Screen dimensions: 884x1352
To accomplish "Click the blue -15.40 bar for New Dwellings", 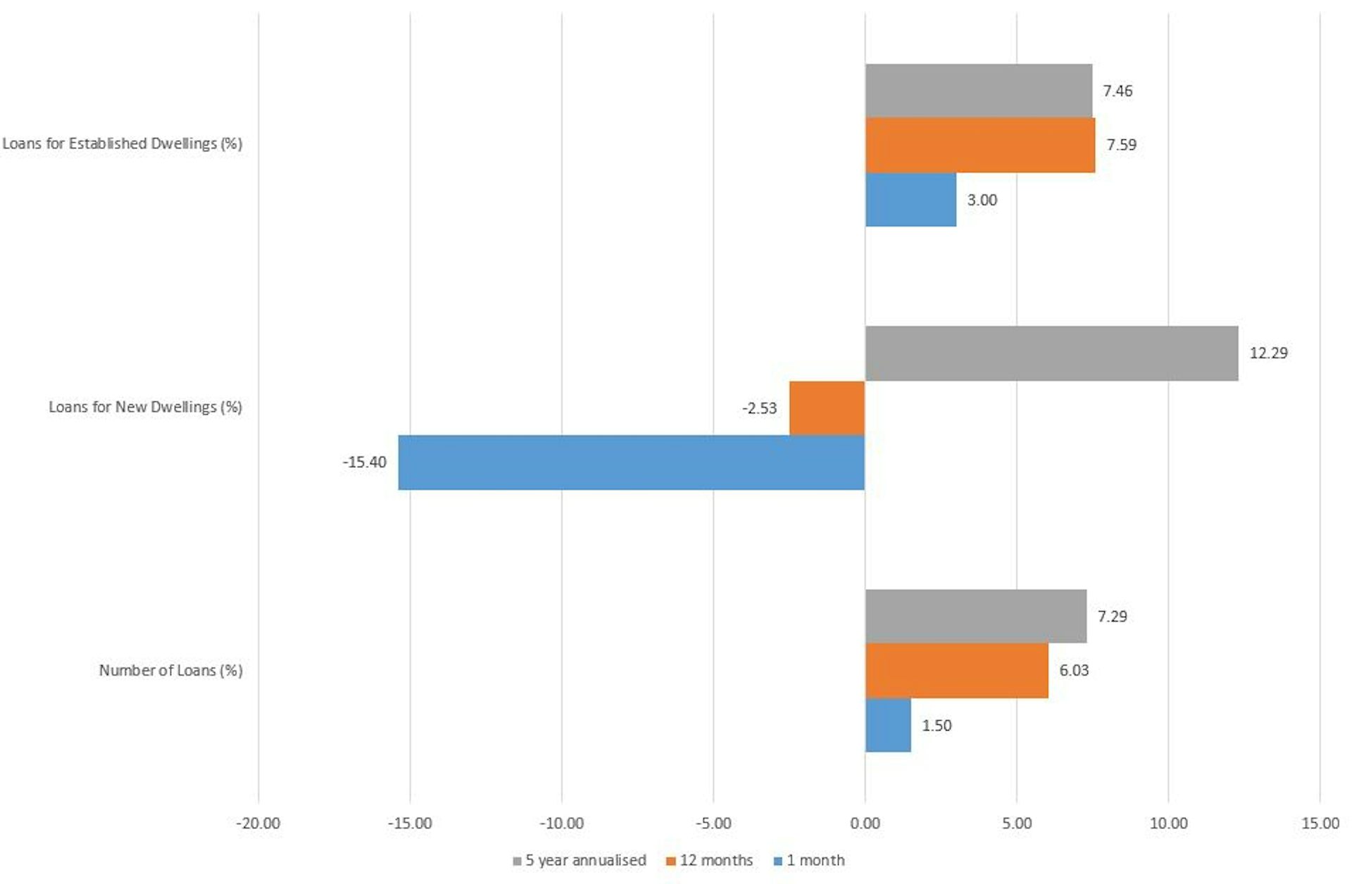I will click(x=631, y=462).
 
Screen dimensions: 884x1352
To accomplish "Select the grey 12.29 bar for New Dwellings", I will click(x=1051, y=353).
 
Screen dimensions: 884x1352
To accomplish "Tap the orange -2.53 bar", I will click(x=827, y=408).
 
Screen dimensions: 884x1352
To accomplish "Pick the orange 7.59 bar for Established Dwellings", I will click(x=979, y=145).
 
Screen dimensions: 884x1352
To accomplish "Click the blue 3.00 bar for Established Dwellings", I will click(x=910, y=200).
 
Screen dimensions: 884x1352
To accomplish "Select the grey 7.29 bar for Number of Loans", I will click(x=975, y=617).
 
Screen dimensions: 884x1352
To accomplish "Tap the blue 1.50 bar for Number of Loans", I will click(x=888, y=726).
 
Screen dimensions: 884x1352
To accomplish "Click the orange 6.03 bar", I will click(x=956, y=671).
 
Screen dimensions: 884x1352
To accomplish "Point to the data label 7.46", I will click(x=1118, y=91).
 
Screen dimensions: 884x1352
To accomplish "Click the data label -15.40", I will click(x=365, y=462).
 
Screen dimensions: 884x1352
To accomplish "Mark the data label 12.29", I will click(x=1268, y=353).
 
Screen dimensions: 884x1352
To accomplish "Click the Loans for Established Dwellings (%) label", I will click(x=123, y=144).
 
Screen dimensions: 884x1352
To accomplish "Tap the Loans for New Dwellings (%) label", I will click(x=145, y=407).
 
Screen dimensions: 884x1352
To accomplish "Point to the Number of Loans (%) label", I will click(x=170, y=671).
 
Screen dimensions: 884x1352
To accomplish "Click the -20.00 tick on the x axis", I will click(x=258, y=823).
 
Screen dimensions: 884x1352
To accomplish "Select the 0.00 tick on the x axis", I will click(x=865, y=823).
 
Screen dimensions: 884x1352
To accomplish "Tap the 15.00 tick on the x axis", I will click(x=1320, y=823).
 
